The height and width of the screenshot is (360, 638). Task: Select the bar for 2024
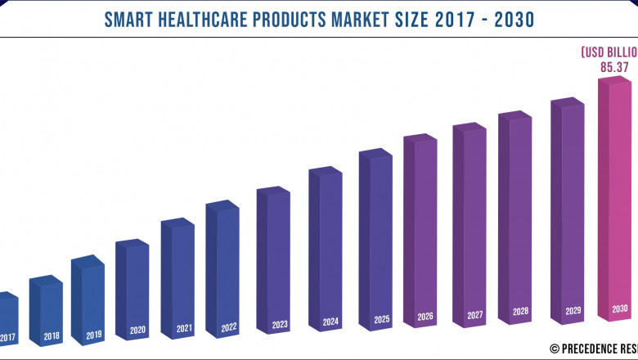[326, 245]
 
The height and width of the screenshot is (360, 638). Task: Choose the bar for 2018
[47, 303]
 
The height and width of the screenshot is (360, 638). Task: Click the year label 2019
[93, 335]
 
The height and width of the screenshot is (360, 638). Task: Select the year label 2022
[228, 328]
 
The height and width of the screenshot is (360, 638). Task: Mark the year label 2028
[521, 312]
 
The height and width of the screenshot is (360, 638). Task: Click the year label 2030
[620, 309]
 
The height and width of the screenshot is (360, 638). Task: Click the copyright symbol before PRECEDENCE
[554, 348]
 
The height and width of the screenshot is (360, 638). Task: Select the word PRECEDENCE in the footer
[586, 348]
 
